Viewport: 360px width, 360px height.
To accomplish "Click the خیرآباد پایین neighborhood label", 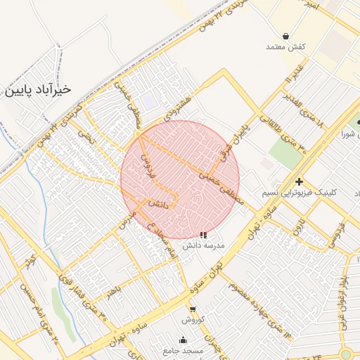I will (x=39, y=89).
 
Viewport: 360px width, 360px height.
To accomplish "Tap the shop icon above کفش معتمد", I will (x=286, y=36).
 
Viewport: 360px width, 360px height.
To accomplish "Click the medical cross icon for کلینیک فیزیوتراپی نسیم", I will (x=300, y=181).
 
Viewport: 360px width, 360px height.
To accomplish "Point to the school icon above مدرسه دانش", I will (x=203, y=236).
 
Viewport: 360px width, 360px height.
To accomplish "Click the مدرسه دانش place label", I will (x=203, y=246).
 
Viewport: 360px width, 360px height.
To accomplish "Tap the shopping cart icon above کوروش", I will (x=193, y=309).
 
